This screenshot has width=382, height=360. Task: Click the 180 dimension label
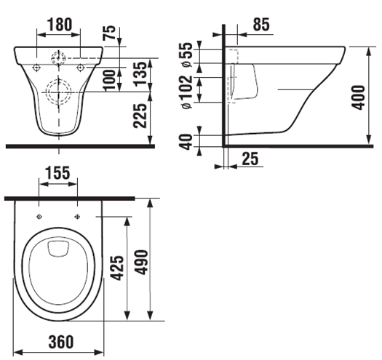click(60, 24)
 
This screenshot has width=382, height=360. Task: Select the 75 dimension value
click(109, 33)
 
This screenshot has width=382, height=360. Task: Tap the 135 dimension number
click(140, 73)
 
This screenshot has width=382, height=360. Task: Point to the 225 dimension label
click(140, 116)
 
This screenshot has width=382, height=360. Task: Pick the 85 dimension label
click(261, 24)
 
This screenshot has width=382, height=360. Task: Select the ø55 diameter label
click(187, 55)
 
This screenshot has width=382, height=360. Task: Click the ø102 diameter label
click(187, 92)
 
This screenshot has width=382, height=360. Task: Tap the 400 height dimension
click(359, 97)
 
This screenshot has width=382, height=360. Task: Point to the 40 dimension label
click(186, 142)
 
